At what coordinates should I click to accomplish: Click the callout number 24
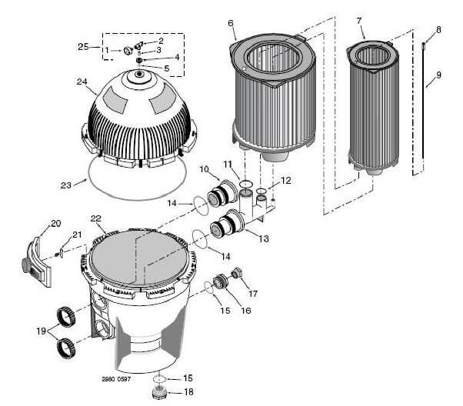[x=82, y=82]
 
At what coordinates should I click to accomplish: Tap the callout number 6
[x=231, y=24]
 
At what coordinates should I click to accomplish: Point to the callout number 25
[x=83, y=47]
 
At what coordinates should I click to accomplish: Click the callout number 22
[x=96, y=219]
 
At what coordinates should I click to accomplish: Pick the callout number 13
[x=263, y=239]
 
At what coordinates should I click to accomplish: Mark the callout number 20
[x=55, y=223]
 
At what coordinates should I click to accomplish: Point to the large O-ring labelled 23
[x=138, y=183]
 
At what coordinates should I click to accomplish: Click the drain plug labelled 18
[x=158, y=391]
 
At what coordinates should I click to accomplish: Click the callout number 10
[x=204, y=169]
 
